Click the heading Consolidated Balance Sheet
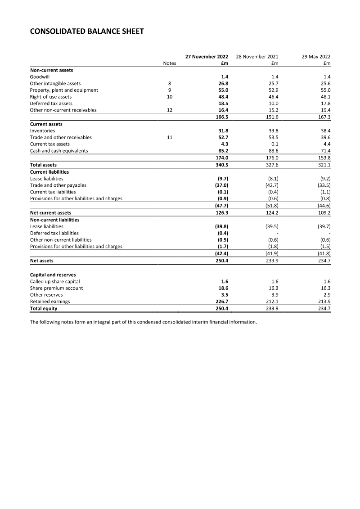[87, 32]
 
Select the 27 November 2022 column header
[207, 57]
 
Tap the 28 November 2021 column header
[257, 57]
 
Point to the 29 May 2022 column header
[316, 57]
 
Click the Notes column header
[170, 63]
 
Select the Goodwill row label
[40, 77]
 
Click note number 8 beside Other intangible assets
[170, 84]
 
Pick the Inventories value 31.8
[223, 131]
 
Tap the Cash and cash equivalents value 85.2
[223, 151]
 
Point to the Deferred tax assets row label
[51, 104]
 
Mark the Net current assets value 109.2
[324, 213]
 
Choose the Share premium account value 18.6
[223, 288]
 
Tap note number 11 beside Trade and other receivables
[170, 138]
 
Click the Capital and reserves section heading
[52, 275]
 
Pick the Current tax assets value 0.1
[274, 144]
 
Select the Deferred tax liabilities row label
[54, 233]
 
